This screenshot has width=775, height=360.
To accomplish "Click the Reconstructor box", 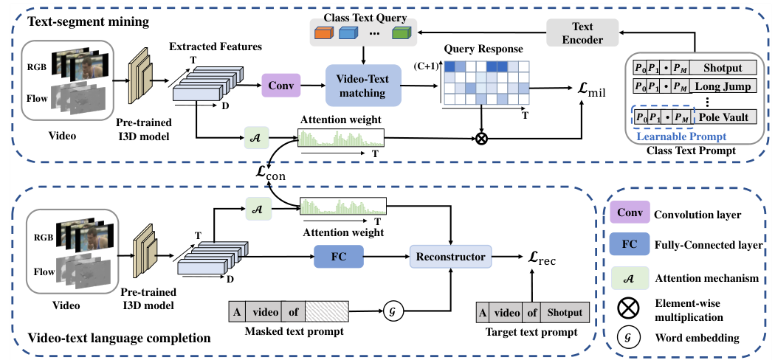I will pos(449,257).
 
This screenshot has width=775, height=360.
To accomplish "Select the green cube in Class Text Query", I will pos(402,33).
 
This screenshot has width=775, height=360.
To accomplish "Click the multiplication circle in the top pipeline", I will pos(482,138).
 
